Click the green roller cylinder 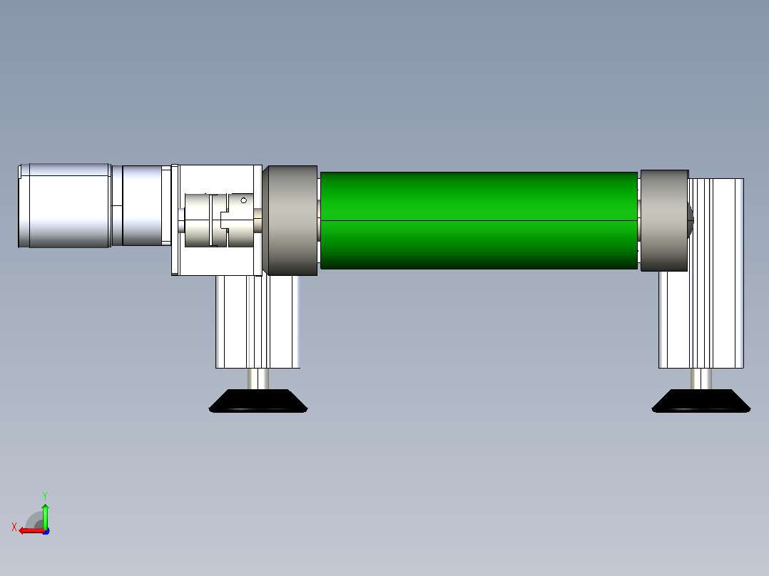[x=479, y=220]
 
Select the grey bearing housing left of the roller [x=290, y=220]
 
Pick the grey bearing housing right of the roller [x=665, y=220]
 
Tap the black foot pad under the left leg [x=258, y=401]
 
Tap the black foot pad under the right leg [x=701, y=401]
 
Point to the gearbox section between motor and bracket [x=142, y=205]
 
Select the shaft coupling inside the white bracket [x=219, y=220]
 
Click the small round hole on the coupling [x=244, y=200]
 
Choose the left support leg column [x=258, y=322]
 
